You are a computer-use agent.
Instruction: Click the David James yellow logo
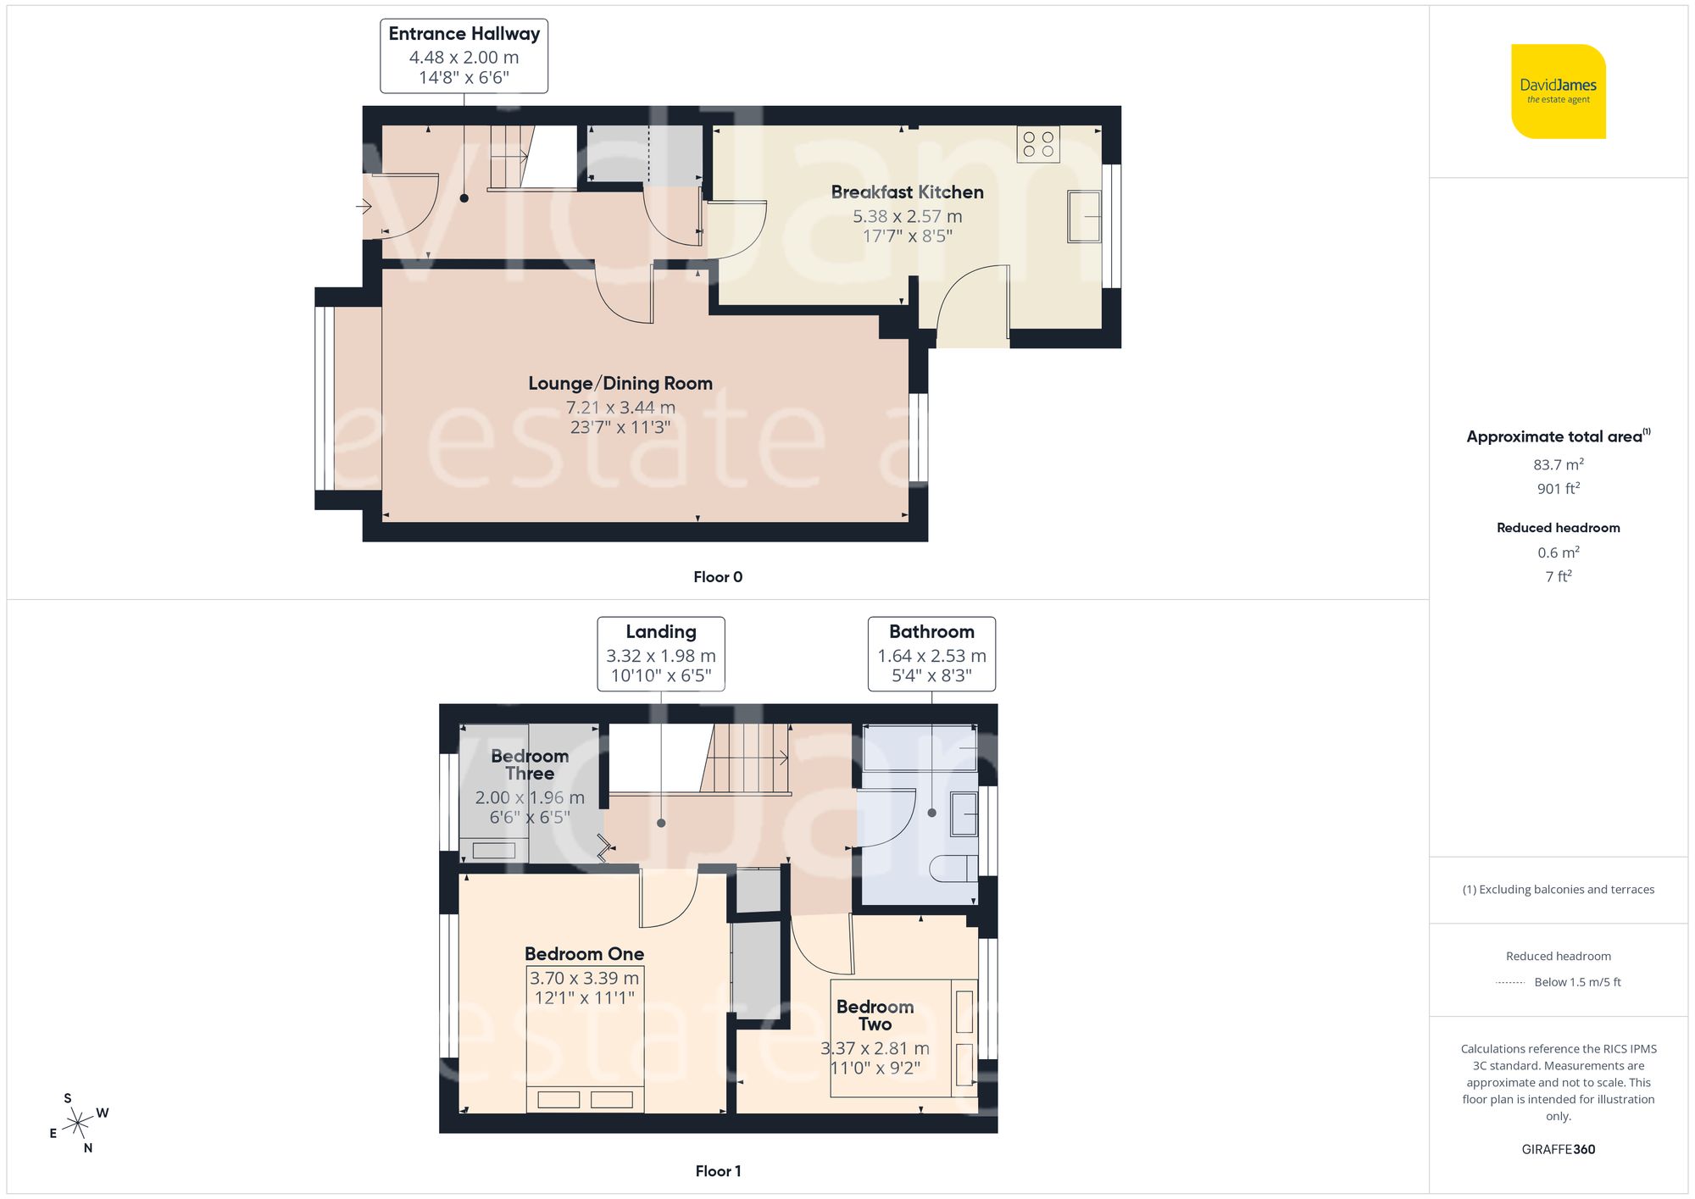click(x=1558, y=92)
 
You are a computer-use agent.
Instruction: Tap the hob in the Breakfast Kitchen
click(x=1038, y=144)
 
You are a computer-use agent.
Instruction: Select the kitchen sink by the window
click(x=1084, y=217)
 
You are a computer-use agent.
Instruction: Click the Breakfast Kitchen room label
click(x=907, y=192)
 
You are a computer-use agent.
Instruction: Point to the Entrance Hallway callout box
click(x=464, y=56)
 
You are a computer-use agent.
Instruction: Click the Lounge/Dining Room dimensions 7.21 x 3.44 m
click(x=620, y=408)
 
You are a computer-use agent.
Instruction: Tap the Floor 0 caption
click(x=717, y=577)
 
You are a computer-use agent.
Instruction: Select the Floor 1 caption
click(x=717, y=1171)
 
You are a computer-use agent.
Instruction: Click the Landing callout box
click(x=660, y=654)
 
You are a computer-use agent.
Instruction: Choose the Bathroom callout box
click(x=931, y=654)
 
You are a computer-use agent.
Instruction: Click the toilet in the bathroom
click(x=953, y=869)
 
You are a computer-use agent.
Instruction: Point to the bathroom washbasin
click(x=964, y=813)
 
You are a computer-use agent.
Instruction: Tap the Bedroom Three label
click(x=530, y=764)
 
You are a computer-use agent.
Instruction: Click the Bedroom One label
click(x=584, y=954)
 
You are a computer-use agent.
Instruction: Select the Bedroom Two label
click(x=875, y=1015)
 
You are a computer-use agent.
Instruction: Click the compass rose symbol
click(x=78, y=1124)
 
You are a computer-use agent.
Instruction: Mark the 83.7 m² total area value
click(x=1558, y=464)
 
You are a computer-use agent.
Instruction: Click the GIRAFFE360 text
click(x=1558, y=1150)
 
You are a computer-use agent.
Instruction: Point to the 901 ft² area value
click(x=1558, y=489)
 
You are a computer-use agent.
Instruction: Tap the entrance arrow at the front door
click(x=364, y=206)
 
